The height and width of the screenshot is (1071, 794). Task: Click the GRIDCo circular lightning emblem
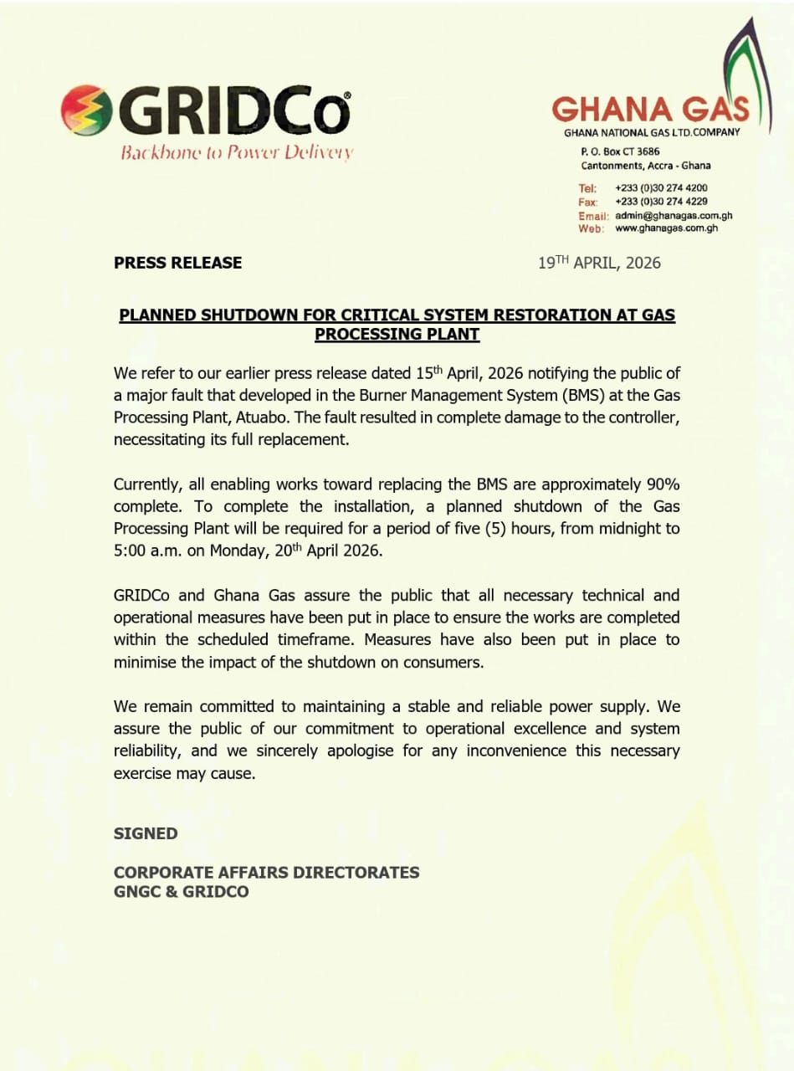point(86,110)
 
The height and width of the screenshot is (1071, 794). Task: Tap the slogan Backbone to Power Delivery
point(237,152)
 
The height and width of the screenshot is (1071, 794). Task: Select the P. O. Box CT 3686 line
point(619,151)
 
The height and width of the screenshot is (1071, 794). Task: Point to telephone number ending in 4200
point(661,188)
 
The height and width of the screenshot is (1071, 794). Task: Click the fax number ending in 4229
point(661,202)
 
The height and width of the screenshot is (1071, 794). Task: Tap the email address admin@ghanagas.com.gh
point(674,215)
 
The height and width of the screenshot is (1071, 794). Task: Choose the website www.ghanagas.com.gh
point(666,228)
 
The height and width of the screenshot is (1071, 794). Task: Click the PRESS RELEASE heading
point(177,263)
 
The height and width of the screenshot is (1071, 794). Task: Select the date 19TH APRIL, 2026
point(599,263)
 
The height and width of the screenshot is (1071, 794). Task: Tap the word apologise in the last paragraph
point(359,751)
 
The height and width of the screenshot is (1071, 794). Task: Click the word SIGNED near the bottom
point(146,833)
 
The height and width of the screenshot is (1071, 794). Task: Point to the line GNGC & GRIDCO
point(181,892)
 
